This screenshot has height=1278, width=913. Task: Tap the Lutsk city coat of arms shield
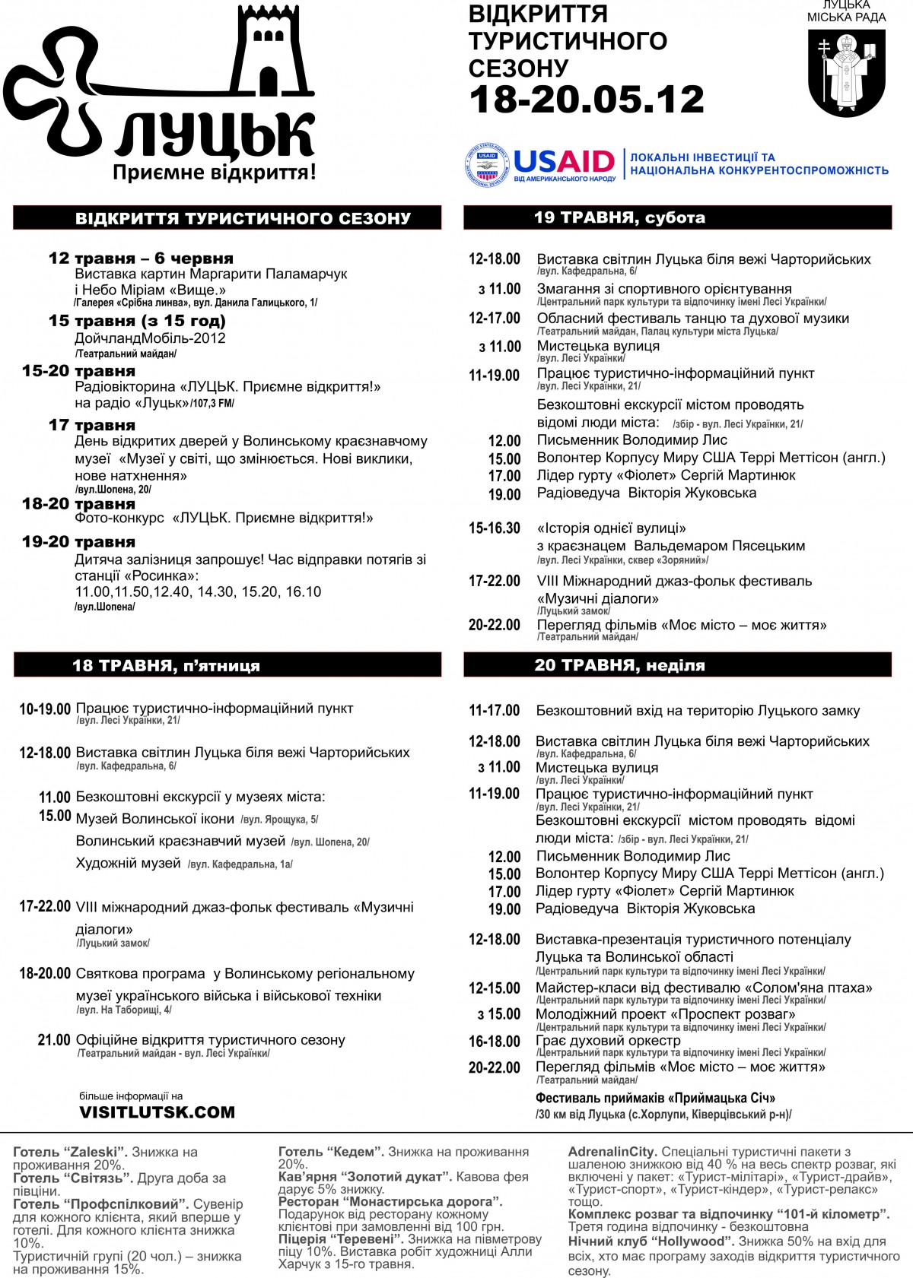tap(846, 72)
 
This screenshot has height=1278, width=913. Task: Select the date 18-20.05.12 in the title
tap(586, 100)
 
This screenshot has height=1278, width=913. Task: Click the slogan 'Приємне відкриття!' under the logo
tap(214, 173)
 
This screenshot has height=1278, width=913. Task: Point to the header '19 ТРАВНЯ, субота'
tap(619, 217)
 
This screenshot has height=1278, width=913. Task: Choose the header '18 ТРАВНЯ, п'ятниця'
tap(166, 665)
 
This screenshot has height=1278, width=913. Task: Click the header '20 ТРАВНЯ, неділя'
tap(619, 664)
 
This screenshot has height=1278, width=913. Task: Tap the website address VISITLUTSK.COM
tap(157, 1112)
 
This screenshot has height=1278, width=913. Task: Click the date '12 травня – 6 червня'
tap(141, 258)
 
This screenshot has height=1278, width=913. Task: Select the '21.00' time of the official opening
tap(54, 1039)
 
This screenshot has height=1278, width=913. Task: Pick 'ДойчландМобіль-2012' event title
tap(150, 338)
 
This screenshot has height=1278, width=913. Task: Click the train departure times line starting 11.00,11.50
tap(198, 591)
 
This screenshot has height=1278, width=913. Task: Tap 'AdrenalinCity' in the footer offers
tap(612, 1152)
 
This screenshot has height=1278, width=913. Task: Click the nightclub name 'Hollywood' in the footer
tap(693, 1241)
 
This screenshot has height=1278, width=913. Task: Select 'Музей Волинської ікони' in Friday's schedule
tap(154, 819)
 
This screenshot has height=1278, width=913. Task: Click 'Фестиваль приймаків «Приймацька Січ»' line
tap(655, 1098)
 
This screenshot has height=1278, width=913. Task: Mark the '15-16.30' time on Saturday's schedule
tap(495, 528)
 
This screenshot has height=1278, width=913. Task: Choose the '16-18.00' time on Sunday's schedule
tap(495, 1041)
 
